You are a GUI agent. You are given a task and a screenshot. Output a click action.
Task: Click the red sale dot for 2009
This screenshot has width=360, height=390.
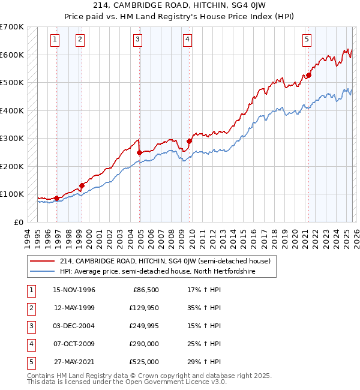click(189, 141)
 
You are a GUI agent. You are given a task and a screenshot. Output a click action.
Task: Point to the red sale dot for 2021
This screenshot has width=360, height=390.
click(309, 76)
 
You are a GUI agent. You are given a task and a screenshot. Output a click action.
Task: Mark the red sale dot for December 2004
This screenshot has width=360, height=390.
click(139, 152)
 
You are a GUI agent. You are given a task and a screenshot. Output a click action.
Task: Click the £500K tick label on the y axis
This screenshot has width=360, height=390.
click(12, 83)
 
